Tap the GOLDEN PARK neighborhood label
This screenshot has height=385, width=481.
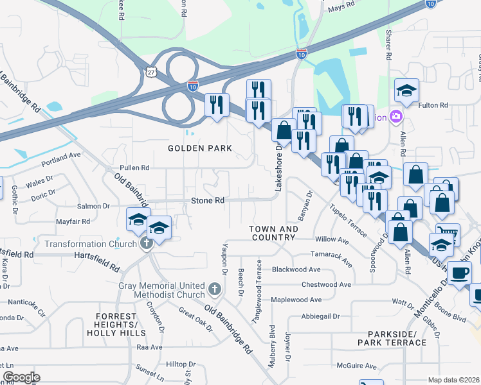click(x=199, y=148)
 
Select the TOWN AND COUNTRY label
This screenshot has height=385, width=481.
click(x=274, y=233)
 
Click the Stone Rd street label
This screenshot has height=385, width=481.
click(x=208, y=201)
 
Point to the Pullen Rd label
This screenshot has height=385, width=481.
click(x=134, y=167)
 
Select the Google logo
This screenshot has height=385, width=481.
click(x=21, y=377)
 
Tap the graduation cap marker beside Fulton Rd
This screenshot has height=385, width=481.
click(x=406, y=91)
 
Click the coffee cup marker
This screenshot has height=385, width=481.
click(x=460, y=273)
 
